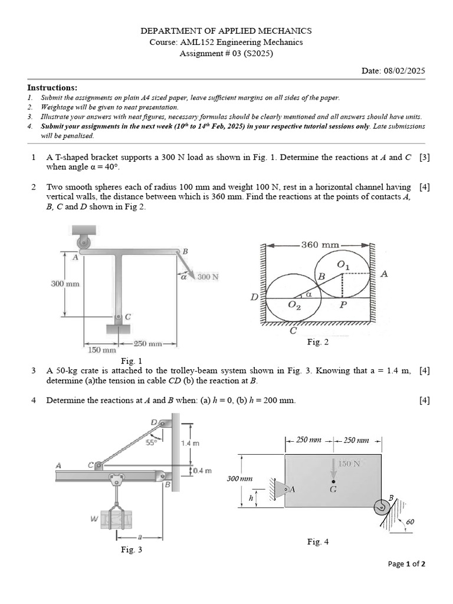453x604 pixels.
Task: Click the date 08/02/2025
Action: pyautogui.click(x=405, y=71)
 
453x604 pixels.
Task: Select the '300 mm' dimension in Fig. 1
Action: pyautogui.click(x=65, y=284)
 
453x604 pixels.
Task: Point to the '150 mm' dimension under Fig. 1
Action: pyautogui.click(x=102, y=350)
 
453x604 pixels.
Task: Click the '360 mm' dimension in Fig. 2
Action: pyautogui.click(x=320, y=244)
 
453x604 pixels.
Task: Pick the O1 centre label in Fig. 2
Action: pyautogui.click(x=343, y=265)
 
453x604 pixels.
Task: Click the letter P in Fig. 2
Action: pyautogui.click(x=343, y=304)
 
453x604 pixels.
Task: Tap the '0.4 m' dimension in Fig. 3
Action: pyautogui.click(x=203, y=470)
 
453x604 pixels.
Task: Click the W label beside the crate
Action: pyautogui.click(x=94, y=519)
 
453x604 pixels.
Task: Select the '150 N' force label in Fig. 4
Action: pyautogui.click(x=349, y=464)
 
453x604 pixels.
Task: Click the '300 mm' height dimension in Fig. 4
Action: pyautogui.click(x=240, y=479)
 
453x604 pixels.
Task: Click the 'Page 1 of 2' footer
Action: pyautogui.click(x=406, y=563)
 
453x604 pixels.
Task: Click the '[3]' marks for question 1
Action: pyautogui.click(x=424, y=157)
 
